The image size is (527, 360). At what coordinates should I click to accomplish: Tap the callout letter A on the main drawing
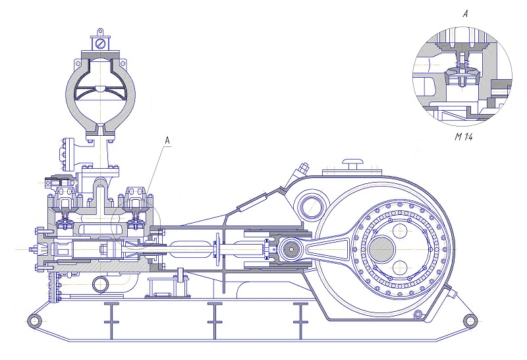click(x=167, y=140)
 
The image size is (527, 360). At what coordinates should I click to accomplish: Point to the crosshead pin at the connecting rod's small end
click(x=291, y=249)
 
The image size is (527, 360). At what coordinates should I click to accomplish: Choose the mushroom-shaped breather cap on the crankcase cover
click(x=353, y=162)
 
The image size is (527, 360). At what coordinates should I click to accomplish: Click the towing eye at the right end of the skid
click(x=469, y=321)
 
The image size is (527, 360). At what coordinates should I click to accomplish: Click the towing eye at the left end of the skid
click(x=31, y=321)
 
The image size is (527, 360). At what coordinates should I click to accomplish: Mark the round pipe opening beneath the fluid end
click(x=100, y=284)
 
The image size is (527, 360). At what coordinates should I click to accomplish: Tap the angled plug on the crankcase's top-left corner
click(x=302, y=169)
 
